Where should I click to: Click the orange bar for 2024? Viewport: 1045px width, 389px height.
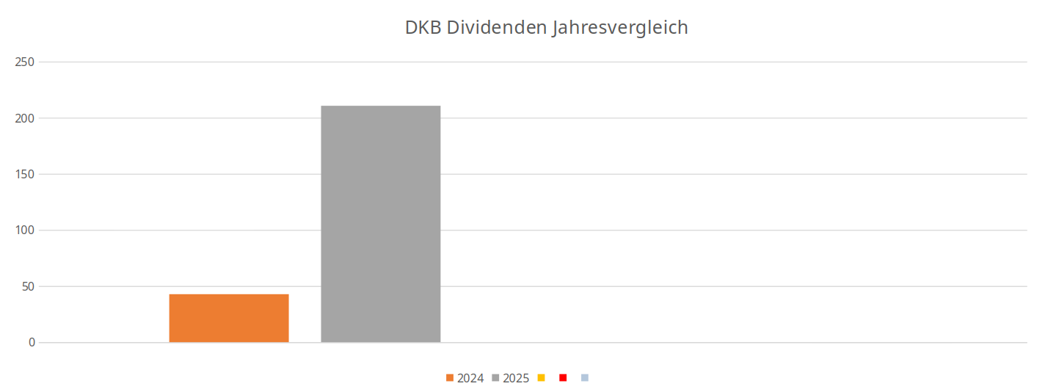click(x=229, y=319)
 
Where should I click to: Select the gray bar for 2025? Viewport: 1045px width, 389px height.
click(x=381, y=224)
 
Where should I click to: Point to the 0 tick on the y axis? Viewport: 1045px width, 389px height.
click(x=32, y=343)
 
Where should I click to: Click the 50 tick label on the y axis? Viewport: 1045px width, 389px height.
click(x=28, y=286)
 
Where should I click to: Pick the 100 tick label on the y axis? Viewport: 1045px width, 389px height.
click(x=26, y=230)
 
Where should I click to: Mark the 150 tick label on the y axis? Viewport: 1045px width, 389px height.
click(x=26, y=174)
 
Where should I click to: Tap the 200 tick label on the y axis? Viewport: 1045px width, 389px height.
click(x=26, y=118)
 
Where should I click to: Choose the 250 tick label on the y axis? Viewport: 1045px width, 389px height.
click(x=26, y=62)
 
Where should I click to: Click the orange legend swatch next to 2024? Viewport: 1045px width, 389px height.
click(x=450, y=378)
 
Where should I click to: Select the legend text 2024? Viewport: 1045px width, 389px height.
click(x=470, y=379)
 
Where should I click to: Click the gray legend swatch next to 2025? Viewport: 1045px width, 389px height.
click(x=496, y=378)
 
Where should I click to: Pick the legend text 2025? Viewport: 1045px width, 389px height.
click(x=516, y=379)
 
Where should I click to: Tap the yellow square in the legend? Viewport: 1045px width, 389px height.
click(x=542, y=378)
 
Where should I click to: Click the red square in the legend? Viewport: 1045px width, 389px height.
click(x=563, y=378)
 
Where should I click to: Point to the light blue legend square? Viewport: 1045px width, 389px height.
click(x=585, y=378)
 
